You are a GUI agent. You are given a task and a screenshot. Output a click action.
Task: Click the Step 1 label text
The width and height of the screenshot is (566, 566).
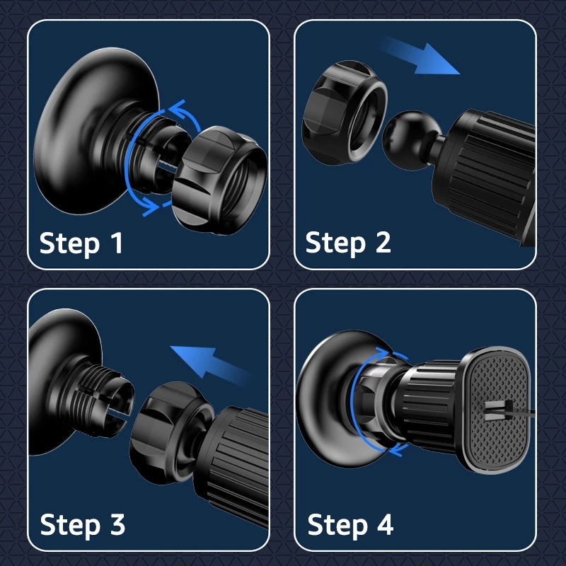81,243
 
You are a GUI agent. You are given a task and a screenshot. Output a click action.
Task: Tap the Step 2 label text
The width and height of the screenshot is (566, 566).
348,243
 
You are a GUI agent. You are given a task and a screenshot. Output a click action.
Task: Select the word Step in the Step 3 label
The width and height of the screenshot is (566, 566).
69,526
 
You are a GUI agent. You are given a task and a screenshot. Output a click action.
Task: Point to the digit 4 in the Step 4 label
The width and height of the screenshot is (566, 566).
384,526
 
